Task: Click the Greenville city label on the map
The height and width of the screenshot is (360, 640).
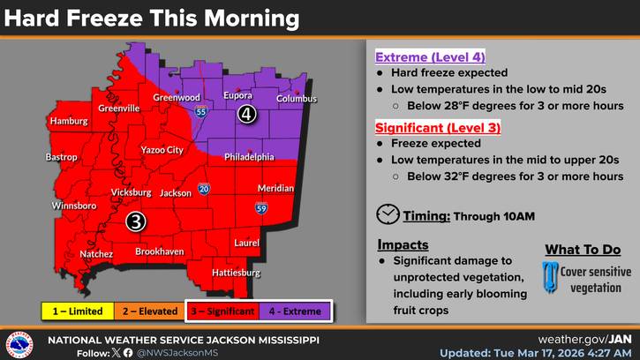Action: click(x=119, y=109)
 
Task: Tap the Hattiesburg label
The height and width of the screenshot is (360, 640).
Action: click(x=236, y=274)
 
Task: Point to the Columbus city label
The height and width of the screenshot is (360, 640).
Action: click(x=297, y=99)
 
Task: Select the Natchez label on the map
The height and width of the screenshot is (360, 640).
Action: click(x=95, y=254)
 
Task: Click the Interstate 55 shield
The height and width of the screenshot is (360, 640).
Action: click(x=201, y=112)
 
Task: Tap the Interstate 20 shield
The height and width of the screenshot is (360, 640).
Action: click(x=204, y=189)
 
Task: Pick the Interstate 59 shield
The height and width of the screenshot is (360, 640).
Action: click(x=262, y=208)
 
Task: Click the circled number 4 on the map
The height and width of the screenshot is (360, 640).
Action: click(x=247, y=115)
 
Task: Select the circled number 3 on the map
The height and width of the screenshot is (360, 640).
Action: click(x=135, y=221)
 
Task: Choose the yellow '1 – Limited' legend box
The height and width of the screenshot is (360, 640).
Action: click(x=78, y=311)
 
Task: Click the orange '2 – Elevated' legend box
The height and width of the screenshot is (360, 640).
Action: click(x=149, y=311)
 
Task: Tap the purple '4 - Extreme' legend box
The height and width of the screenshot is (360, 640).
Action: click(x=295, y=311)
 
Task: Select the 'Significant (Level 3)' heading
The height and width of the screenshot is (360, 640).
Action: click(x=438, y=128)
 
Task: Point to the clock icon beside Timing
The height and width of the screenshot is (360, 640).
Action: click(x=387, y=214)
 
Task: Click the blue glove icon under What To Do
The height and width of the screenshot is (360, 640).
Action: click(x=549, y=275)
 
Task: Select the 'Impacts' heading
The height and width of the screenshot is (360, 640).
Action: click(x=403, y=244)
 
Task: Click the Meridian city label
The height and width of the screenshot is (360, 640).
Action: click(x=275, y=189)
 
